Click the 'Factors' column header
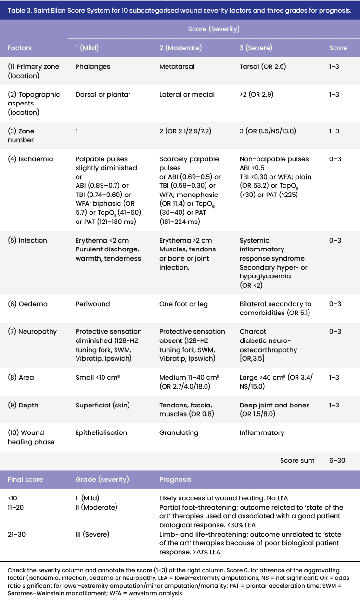(x=20, y=48)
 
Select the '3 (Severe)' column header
(x=256, y=48)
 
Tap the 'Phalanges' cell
(x=93, y=66)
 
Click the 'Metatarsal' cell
(x=177, y=66)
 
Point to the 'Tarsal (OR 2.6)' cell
(x=262, y=66)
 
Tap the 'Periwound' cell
(x=92, y=304)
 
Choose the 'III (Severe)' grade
(x=92, y=534)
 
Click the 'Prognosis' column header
(x=175, y=480)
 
